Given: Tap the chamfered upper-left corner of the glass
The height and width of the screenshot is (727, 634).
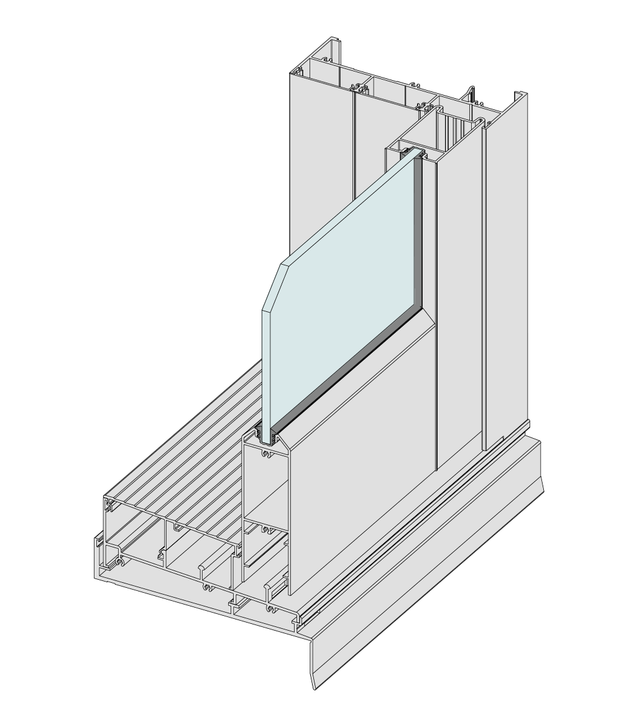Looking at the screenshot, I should pyautogui.click(x=273, y=283).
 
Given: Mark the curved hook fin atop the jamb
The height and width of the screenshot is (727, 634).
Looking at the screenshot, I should pyautogui.click(x=472, y=93).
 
